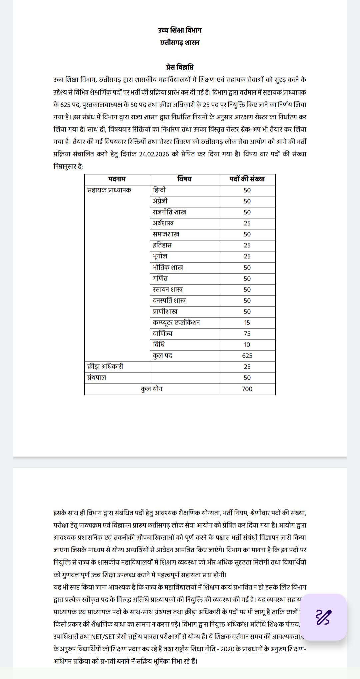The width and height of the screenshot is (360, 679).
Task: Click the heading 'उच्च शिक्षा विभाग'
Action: click(180, 30)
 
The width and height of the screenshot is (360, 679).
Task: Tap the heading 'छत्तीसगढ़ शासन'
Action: click(180, 43)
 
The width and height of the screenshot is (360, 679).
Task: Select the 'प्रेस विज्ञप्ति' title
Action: click(180, 67)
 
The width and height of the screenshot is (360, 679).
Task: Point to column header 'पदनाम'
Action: click(117, 179)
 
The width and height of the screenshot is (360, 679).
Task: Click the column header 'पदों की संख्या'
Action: click(247, 179)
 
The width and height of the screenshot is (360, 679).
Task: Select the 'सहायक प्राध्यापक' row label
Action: click(109, 190)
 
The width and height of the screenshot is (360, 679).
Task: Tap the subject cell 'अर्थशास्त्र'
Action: click(163, 223)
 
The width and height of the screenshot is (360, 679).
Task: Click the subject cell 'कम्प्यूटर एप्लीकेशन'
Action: click(176, 322)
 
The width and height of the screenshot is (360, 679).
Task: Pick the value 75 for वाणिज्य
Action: click(247, 333)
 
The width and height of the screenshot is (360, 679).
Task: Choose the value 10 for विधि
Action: click(247, 345)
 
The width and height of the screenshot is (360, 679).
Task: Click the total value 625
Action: click(247, 356)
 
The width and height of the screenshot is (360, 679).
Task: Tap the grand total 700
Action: click(247, 389)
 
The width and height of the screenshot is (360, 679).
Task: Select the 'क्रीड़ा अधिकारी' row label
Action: click(105, 367)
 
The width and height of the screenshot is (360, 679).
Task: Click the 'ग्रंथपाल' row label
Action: click(97, 378)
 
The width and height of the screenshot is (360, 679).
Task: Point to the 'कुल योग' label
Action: click(152, 389)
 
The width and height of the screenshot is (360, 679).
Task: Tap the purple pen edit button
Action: click(323, 617)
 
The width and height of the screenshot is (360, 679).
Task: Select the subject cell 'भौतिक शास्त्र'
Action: click(168, 267)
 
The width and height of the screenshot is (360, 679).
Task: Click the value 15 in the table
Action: click(247, 322)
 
